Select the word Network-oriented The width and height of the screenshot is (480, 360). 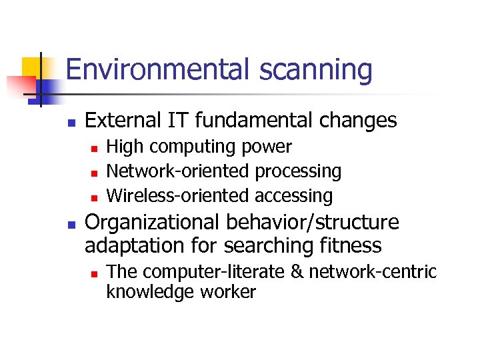[x=178, y=171]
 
